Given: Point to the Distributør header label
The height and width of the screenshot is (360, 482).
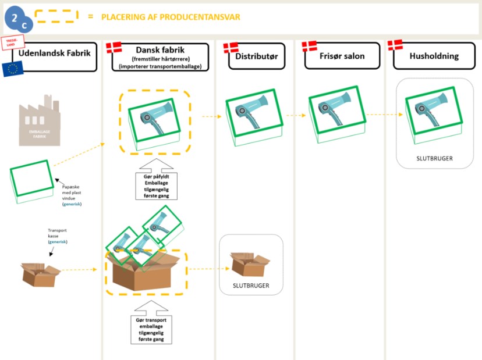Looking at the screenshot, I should [x=257, y=56].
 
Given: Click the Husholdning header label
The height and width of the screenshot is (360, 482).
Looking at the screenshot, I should [x=434, y=56].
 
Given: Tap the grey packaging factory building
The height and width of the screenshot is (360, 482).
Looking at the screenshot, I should [x=40, y=123].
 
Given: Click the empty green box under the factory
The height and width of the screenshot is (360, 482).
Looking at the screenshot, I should [x=33, y=181].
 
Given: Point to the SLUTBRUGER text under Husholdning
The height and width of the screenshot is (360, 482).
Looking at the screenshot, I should [x=434, y=158].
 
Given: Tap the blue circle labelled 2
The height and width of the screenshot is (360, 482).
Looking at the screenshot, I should [x=15, y=16].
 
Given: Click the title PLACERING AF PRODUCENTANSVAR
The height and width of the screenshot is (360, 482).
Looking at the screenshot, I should [x=171, y=17].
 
